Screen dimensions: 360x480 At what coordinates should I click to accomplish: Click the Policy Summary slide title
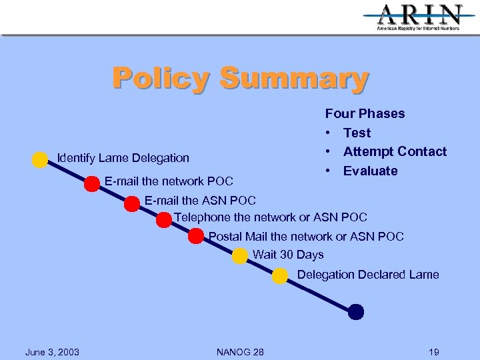pyautogui.click(x=240, y=78)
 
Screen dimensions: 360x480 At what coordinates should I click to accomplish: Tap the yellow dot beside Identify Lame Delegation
pyautogui.click(x=40, y=160)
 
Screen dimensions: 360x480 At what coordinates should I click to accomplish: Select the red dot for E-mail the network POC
pyautogui.click(x=91, y=184)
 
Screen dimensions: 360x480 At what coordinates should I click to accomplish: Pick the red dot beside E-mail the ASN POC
pyautogui.click(x=132, y=204)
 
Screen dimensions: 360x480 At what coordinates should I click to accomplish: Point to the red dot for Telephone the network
pyautogui.click(x=164, y=220)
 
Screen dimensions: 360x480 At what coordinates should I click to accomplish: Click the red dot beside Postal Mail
pyautogui.click(x=196, y=236)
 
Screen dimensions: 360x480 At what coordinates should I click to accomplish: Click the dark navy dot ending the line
pyautogui.click(x=356, y=311)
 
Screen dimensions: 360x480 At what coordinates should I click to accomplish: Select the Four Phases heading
pyautogui.click(x=365, y=113)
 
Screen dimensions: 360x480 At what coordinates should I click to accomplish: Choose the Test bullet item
pyautogui.click(x=357, y=133)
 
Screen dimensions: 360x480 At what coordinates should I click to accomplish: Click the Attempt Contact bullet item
pyautogui.click(x=395, y=151)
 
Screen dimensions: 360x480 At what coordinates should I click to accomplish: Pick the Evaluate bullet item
pyautogui.click(x=370, y=171)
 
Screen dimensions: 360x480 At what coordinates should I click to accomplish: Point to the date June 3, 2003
pyautogui.click(x=52, y=352)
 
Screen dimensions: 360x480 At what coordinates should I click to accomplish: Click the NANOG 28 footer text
pyautogui.click(x=240, y=352)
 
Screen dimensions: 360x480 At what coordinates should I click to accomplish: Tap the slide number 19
pyautogui.click(x=434, y=352)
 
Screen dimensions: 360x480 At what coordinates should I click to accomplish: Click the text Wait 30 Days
pyautogui.click(x=288, y=255)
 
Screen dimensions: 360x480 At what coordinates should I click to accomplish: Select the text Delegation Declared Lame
pyautogui.click(x=368, y=275)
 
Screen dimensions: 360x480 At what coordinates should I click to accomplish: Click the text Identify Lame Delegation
pyautogui.click(x=123, y=158)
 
